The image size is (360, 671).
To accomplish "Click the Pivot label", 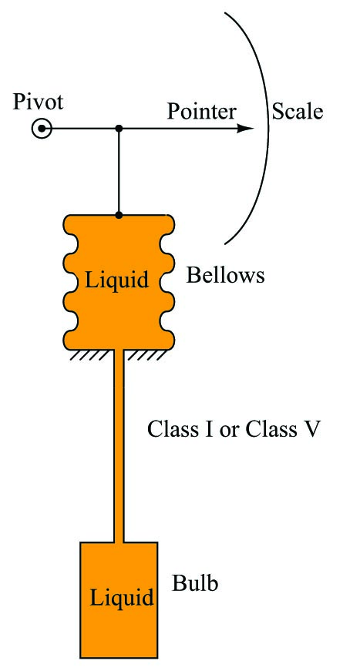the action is pos(38,102).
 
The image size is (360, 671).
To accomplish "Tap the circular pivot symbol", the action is pos(42,129).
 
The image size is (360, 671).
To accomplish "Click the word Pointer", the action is pos(201,111).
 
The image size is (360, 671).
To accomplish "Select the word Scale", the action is pos(298,111).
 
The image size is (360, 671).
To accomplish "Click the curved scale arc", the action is pos(269,129).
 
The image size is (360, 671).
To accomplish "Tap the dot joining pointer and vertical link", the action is pos(119,128).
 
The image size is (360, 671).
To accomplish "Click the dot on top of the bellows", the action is pos(119,215).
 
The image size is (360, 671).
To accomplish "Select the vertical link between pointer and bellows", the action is pos(119,171).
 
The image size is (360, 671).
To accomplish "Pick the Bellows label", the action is pos(225,275).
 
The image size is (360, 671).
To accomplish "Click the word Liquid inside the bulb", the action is pos(122,597).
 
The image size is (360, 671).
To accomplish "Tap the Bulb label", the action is pos(195,583).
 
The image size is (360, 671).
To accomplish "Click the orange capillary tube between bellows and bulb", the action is pos(119,446).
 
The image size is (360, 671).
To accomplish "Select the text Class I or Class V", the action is pos(234,429).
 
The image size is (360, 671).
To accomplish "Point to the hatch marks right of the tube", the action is pos(146,354).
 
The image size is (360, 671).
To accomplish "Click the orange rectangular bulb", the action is pos(119,599).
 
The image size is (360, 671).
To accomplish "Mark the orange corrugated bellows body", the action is pos(119,283).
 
